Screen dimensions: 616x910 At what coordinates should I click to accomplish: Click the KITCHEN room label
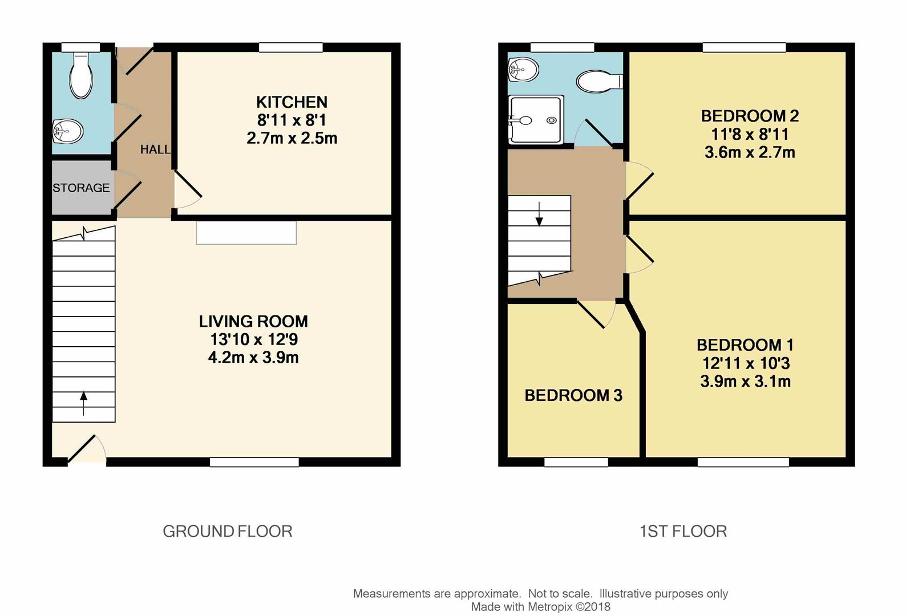292,102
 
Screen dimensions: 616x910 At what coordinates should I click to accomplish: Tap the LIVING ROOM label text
253,321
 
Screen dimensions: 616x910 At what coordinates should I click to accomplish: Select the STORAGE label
81,188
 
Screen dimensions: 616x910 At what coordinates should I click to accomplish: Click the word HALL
155,149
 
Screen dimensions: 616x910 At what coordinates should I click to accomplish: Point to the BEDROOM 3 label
573,395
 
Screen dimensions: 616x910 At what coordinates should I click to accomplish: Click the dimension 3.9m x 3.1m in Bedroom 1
745,382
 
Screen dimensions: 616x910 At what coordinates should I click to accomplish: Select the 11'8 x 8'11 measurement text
750,135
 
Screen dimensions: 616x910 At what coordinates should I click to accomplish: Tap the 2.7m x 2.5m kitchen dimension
292,138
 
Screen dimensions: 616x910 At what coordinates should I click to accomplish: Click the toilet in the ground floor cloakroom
80,76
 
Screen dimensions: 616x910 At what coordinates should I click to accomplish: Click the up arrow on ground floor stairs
83,402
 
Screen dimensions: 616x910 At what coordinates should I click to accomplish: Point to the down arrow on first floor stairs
539,214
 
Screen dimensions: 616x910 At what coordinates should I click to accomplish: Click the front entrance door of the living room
86,450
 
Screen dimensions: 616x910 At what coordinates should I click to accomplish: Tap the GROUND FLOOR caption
227,532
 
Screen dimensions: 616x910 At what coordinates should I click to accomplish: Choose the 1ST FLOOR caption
683,532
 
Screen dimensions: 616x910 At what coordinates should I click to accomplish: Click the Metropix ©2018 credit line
540,607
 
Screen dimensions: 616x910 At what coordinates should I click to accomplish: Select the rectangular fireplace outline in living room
246,233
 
